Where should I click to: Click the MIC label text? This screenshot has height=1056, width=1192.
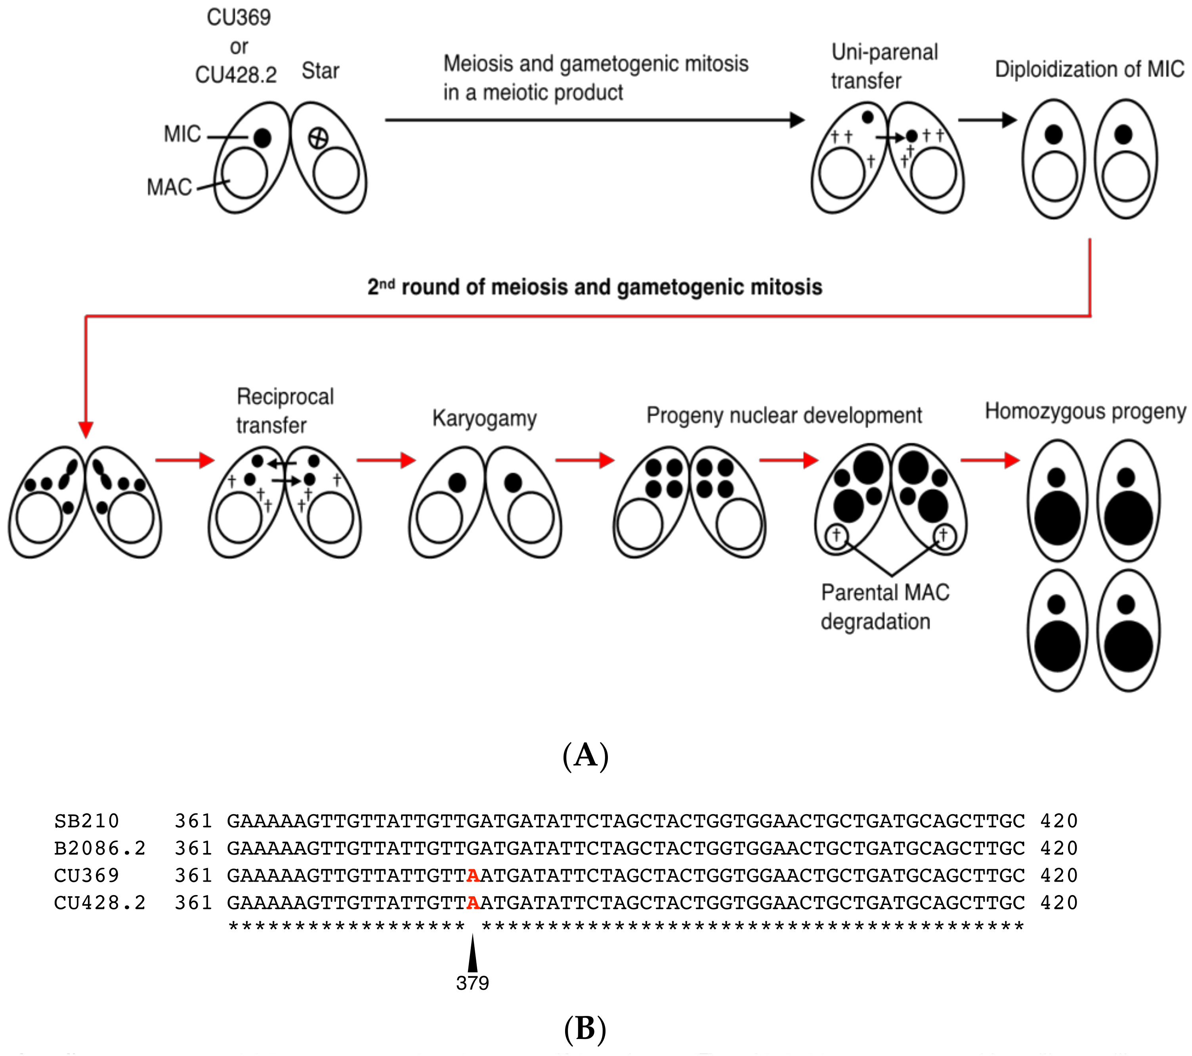click(x=182, y=134)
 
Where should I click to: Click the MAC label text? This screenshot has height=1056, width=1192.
click(x=169, y=187)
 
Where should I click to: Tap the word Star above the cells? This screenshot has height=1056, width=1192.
click(x=320, y=71)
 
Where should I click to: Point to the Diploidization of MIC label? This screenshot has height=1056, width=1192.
click(x=1089, y=69)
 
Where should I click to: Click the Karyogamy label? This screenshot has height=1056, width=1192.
click(x=484, y=418)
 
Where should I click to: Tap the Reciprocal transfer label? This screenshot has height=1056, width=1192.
click(x=285, y=411)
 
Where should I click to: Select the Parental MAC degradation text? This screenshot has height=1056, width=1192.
click(x=884, y=607)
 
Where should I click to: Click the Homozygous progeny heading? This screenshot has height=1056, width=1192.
click(x=1085, y=411)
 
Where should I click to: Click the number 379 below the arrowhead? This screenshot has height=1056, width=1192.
click(x=472, y=983)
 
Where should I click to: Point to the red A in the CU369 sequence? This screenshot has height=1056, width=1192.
click(x=473, y=875)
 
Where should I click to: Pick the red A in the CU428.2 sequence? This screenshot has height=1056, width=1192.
click(x=473, y=903)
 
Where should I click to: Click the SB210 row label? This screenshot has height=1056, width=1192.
click(x=86, y=821)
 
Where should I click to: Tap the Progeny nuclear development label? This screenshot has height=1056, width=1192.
click(x=784, y=415)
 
